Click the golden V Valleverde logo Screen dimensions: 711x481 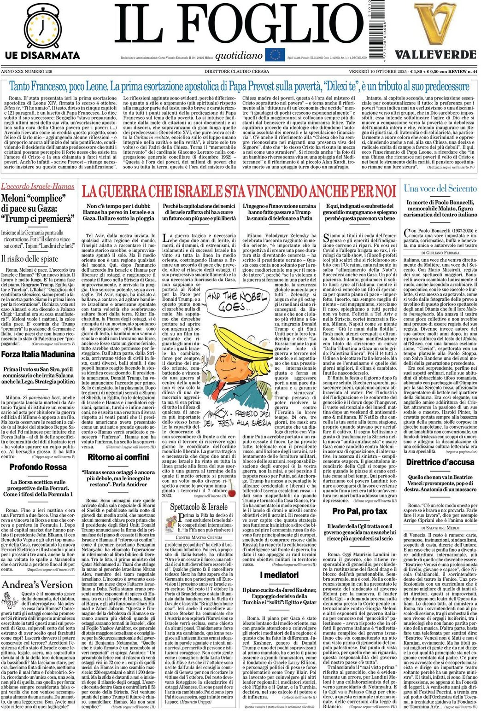[428, 23]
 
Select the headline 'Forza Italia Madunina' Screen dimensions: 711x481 [38, 355]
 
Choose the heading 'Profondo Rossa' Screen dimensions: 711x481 [38, 467]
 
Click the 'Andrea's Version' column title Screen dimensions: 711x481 [38, 585]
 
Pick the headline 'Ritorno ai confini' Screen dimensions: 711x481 [118, 457]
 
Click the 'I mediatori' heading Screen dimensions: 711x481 [279, 575]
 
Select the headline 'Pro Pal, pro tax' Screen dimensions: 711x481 [360, 511]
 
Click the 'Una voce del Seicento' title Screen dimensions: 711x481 [440, 188]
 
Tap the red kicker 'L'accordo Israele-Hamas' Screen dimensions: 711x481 [38, 186]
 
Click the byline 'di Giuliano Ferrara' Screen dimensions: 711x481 [440, 253]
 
